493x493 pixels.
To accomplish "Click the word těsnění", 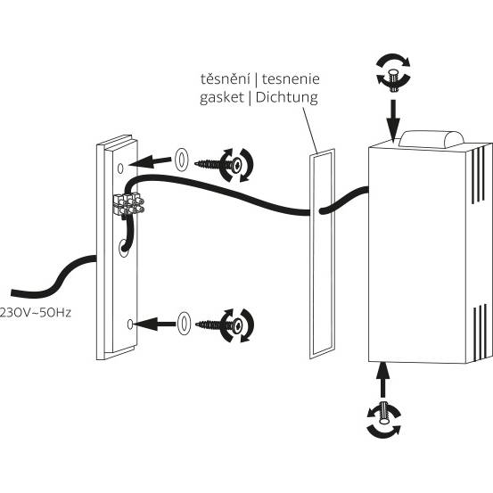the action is (x=226, y=78).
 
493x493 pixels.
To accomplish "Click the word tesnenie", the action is (x=291, y=78).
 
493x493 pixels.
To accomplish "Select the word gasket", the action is (x=222, y=97).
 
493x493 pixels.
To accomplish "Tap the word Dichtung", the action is (x=287, y=97).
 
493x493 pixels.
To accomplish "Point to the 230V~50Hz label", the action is (x=36, y=313).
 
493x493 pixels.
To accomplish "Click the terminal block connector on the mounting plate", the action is (x=128, y=204).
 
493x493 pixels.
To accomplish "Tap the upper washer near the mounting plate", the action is (x=181, y=160).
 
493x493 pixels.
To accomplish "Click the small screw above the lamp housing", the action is (x=393, y=81).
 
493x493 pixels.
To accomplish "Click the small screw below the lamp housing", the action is (x=384, y=412).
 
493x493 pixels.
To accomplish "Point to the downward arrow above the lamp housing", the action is (x=393, y=119).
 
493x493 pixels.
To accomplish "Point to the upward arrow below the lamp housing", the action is (x=382, y=380).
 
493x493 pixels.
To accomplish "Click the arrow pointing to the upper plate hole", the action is (x=150, y=161).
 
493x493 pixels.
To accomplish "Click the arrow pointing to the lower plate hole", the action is (x=154, y=325).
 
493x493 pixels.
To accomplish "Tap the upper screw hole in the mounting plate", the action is (x=120, y=168).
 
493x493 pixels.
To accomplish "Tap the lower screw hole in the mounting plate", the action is (x=130, y=325).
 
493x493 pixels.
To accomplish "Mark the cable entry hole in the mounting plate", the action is (x=124, y=248).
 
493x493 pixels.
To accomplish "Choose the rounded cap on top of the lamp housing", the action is (x=431, y=139).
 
